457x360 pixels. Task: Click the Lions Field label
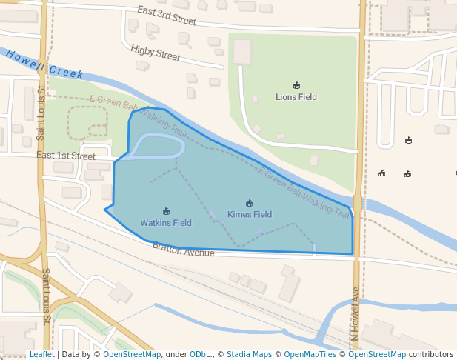coord(296,96)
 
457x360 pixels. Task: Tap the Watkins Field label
coord(166,223)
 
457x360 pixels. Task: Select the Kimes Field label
coord(249,215)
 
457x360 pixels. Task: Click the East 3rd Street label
coord(167,16)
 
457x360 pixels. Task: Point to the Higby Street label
coord(155,52)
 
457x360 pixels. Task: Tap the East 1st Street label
coord(66,156)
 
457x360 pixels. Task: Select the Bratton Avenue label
coord(184,250)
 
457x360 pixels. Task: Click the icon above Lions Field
coord(296,85)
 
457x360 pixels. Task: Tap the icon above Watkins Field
coord(166,212)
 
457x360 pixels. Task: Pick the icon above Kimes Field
coord(249,204)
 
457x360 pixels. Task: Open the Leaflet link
coord(41,355)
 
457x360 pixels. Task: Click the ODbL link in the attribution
coord(200,355)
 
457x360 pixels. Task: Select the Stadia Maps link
coord(249,355)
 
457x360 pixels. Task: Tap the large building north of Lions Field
coord(242,52)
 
